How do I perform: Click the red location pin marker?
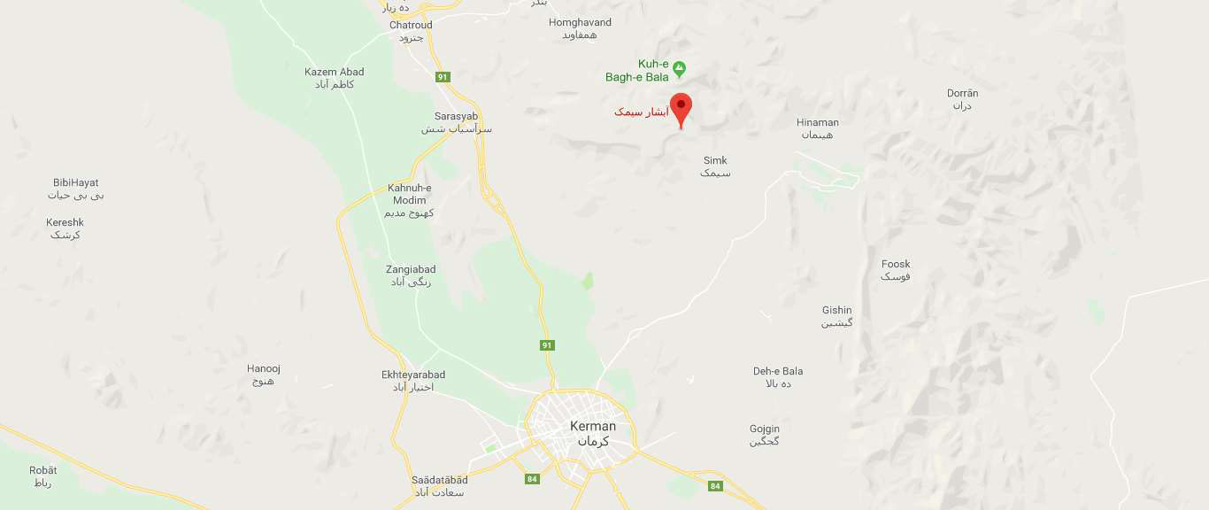(681, 108)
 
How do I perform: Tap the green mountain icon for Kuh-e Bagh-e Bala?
(680, 66)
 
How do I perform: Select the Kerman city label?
(593, 427)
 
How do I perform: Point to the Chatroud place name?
(412, 25)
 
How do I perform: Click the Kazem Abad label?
(334, 72)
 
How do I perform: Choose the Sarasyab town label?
(456, 117)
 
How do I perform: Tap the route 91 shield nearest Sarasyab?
(443, 77)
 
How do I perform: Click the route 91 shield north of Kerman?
(547, 344)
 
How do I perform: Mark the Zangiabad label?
(411, 269)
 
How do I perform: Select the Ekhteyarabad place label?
(413, 375)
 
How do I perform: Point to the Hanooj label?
(263, 368)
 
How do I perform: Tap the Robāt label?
(42, 470)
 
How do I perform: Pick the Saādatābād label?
(439, 480)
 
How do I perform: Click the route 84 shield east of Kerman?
(715, 485)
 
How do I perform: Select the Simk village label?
(714, 160)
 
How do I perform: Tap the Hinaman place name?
(817, 122)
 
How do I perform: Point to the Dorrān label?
(962, 93)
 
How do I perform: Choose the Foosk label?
(896, 264)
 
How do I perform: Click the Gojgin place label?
(765, 429)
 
